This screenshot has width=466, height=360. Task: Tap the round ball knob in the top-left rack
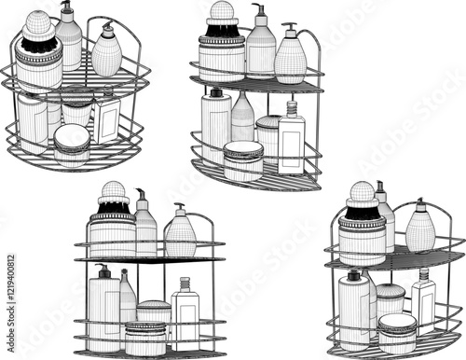38,23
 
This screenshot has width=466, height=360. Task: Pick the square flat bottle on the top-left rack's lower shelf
107,120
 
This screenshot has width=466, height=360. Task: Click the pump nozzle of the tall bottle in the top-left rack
66,8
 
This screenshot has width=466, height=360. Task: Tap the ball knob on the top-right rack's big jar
222,12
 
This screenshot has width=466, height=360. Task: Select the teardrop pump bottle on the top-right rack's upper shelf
291,61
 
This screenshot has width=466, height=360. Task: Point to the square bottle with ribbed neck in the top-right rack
292,142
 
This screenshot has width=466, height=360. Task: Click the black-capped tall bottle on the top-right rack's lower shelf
216,126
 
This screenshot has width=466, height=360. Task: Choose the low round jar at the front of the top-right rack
243,160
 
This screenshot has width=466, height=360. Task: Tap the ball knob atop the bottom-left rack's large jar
113,192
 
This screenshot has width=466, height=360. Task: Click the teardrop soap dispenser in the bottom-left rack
180,236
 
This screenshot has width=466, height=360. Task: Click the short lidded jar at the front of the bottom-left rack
145,338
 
